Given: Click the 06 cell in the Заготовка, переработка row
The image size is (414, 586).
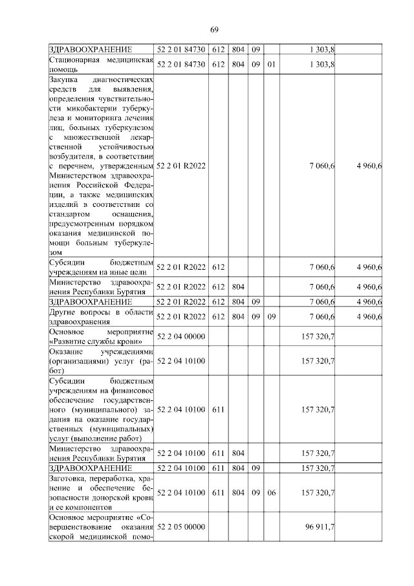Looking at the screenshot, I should pos(272,493).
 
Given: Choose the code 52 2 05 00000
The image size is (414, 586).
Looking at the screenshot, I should pos(180,528).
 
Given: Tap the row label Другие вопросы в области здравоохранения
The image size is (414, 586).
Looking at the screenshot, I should pos(101,316).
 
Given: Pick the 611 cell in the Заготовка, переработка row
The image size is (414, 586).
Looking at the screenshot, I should pos(218,493).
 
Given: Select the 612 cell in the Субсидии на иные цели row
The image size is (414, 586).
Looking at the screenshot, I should pos(218,267).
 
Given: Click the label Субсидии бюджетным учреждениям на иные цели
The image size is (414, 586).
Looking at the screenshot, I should pos(101,267).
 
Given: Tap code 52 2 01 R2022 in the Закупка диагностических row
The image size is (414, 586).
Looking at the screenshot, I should pos(180,166).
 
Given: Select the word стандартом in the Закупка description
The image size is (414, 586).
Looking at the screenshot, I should pos(69,214).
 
